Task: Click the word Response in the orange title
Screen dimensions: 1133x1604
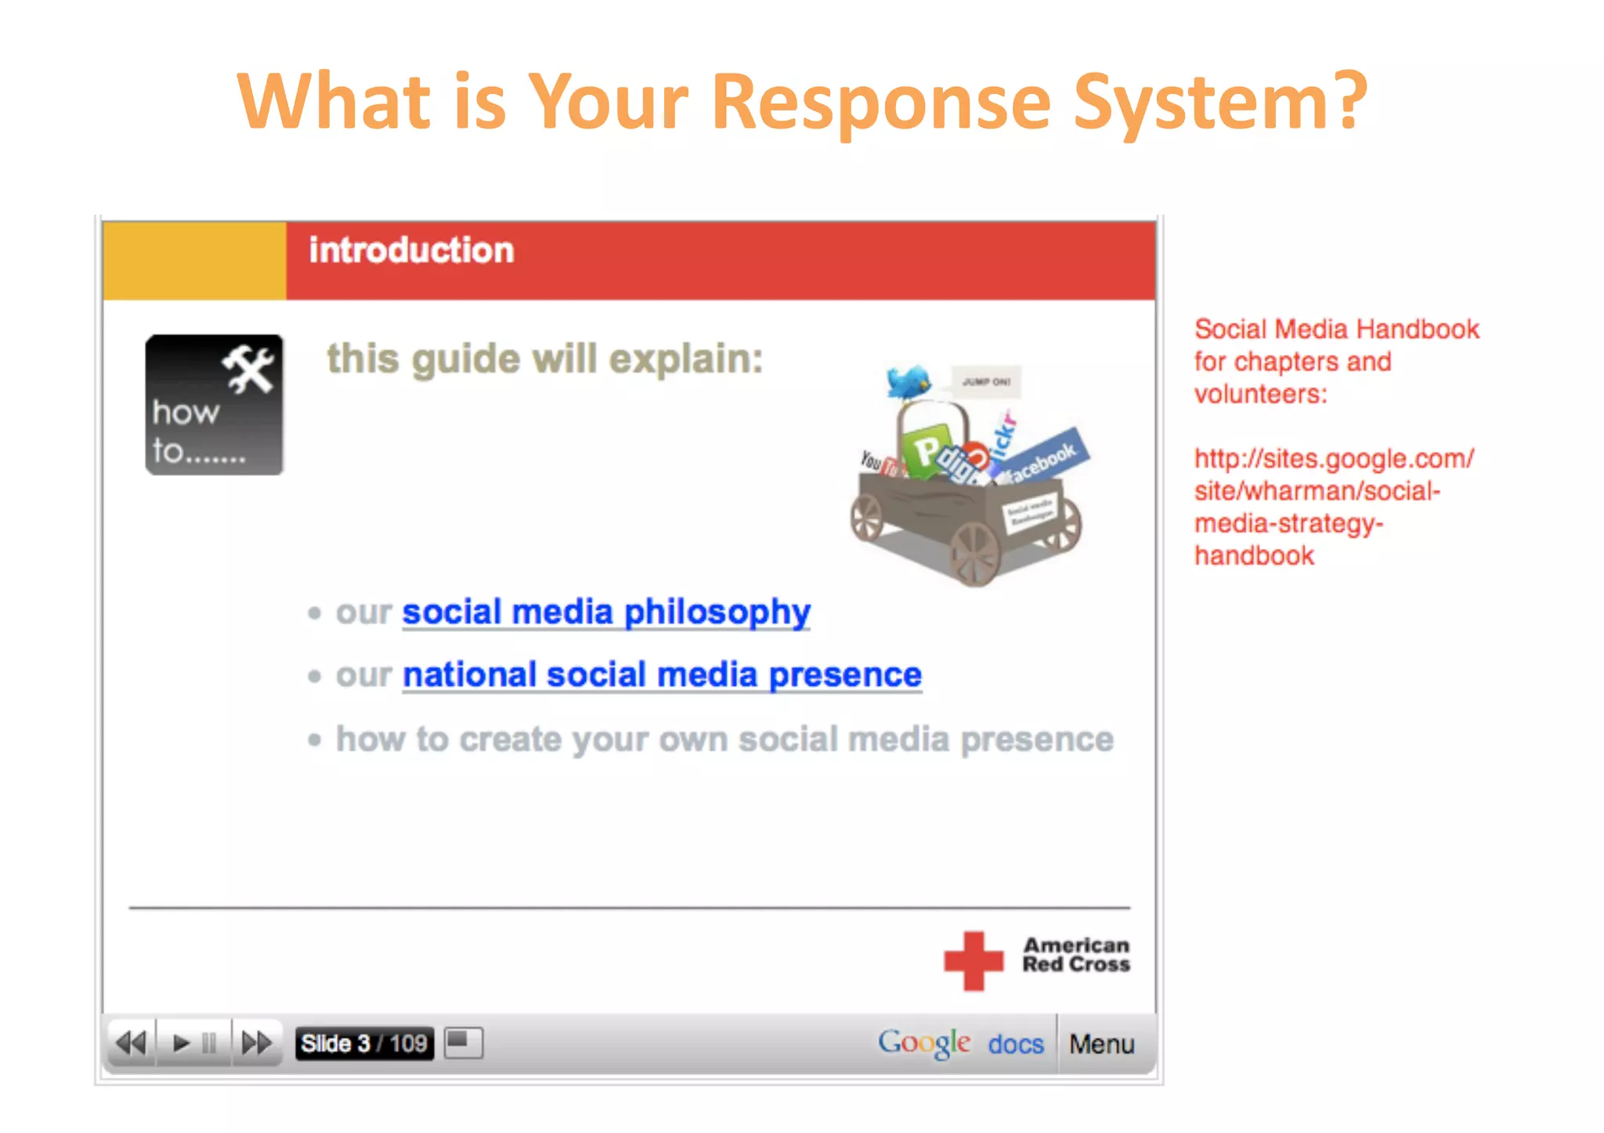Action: [x=880, y=102]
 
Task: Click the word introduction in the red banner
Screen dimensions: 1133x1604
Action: [x=411, y=251]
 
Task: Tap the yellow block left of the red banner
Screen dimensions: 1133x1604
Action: [x=194, y=261]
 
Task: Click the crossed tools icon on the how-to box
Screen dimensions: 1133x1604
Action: [x=248, y=368]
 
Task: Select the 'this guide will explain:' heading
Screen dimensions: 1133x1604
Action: [x=544, y=359]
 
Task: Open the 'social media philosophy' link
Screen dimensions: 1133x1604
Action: [x=605, y=612]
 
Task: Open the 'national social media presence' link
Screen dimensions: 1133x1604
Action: [x=662, y=675]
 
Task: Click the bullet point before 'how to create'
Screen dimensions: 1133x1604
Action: [x=314, y=740]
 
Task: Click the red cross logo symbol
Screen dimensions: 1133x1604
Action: [x=973, y=960]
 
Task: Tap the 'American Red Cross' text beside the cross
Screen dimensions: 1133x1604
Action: [x=1076, y=955]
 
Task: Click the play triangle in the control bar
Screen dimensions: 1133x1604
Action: [x=181, y=1043]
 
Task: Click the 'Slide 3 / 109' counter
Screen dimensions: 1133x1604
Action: [x=364, y=1043]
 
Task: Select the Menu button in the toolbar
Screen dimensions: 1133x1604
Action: [x=1101, y=1044]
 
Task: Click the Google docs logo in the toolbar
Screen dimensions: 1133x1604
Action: [x=960, y=1043]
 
